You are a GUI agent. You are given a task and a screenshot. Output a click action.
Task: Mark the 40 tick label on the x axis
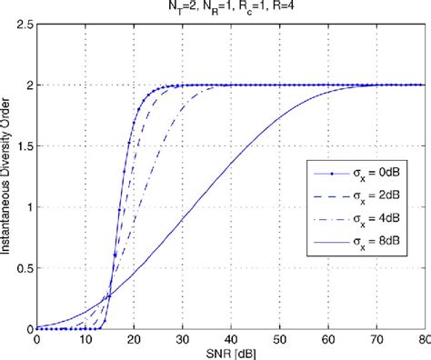click(x=231, y=339)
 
